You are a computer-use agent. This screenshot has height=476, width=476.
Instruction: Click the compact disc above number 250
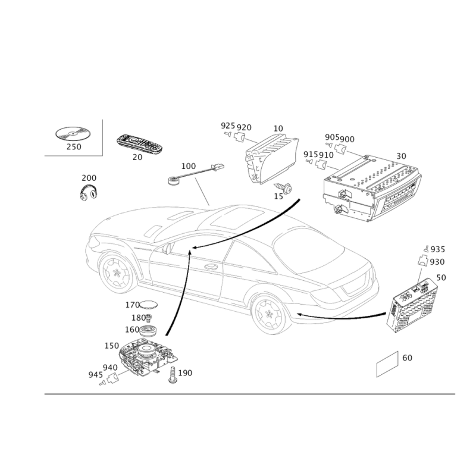click(73, 133)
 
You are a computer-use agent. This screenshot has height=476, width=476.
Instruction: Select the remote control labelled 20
click(139, 144)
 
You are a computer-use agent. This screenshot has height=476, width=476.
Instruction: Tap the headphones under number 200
click(89, 192)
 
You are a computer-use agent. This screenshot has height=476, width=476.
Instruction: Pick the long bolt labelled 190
click(173, 375)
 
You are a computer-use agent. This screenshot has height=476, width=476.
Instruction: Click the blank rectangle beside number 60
click(387, 364)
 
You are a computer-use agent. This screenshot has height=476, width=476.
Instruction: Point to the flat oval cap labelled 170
click(149, 304)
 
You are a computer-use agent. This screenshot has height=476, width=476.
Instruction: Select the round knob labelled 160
click(148, 330)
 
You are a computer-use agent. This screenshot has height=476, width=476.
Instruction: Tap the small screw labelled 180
click(148, 318)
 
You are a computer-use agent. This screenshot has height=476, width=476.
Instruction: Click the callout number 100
click(189, 166)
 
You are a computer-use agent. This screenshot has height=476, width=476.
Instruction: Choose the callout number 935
click(438, 249)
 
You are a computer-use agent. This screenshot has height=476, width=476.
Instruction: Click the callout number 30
click(401, 156)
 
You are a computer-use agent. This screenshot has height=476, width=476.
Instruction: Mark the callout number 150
click(112, 346)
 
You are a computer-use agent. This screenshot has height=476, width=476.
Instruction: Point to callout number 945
click(96, 375)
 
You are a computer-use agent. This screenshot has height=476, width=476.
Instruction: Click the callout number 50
click(441, 277)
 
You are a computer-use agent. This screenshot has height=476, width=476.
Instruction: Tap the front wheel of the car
click(117, 273)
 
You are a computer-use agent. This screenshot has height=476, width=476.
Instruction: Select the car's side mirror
click(166, 248)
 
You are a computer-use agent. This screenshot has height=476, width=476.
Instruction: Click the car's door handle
click(211, 267)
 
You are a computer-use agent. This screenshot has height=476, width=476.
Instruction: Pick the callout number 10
click(278, 129)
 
